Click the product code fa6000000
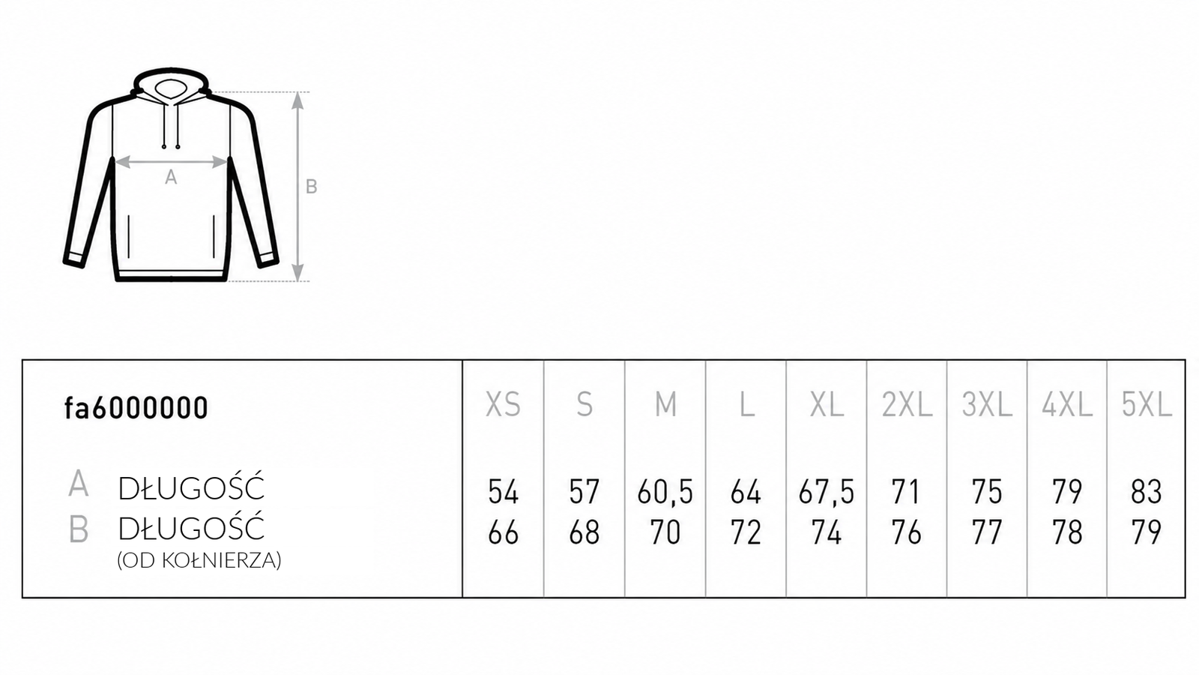click(136, 408)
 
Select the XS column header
click(503, 404)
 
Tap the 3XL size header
click(987, 404)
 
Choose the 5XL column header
click(1147, 404)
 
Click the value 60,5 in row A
click(665, 492)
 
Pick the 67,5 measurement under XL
click(827, 492)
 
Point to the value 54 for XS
click(503, 492)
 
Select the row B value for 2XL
click(906, 532)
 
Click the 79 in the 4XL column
click(1067, 492)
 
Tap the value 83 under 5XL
click(1147, 492)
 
